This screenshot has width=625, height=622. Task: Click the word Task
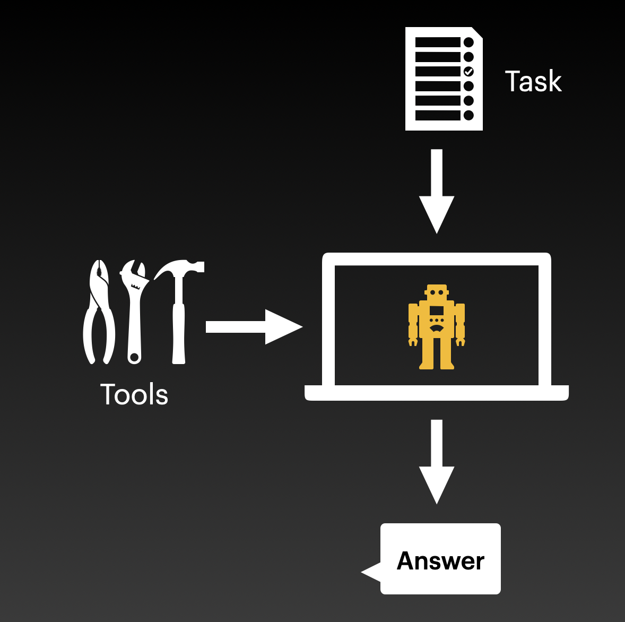[x=533, y=82]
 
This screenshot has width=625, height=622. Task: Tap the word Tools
[x=134, y=395]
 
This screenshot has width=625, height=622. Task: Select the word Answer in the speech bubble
[x=440, y=561]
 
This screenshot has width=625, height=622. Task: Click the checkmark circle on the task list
[x=468, y=71]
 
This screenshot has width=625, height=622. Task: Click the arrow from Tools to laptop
[x=253, y=327]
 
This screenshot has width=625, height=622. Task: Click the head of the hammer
[x=180, y=269]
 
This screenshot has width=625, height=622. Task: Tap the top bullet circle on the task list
[x=468, y=42]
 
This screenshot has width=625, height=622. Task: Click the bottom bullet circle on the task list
[x=468, y=115]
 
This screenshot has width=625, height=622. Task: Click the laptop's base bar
[x=437, y=393]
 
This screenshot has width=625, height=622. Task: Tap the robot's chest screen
[x=437, y=311]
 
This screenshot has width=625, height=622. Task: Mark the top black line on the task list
[x=438, y=42]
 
